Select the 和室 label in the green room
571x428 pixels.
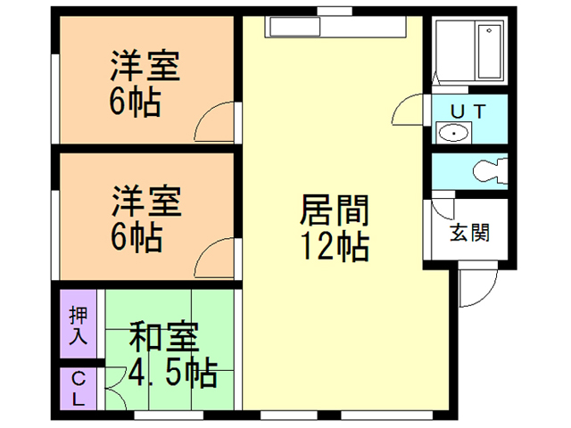pyautogui.click(x=163, y=340)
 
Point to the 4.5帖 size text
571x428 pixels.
pyautogui.click(x=173, y=373)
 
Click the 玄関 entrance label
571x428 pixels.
pyautogui.click(x=468, y=234)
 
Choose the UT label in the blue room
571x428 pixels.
pyautogui.click(x=468, y=111)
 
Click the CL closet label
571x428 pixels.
pyautogui.click(x=79, y=389)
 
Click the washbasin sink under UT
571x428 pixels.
pyautogui.click(x=454, y=134)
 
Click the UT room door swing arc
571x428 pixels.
pyautogui.click(x=406, y=111)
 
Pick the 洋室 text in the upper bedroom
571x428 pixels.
pyautogui.click(x=145, y=67)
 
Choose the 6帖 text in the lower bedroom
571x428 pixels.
pyautogui.click(x=136, y=236)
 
